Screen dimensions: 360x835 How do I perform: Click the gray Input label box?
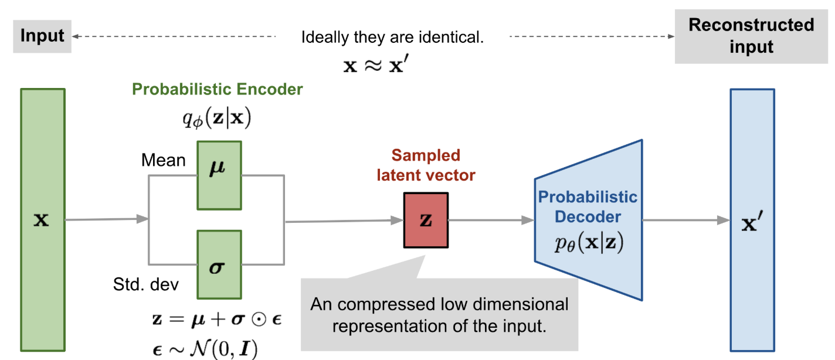[x=42, y=36]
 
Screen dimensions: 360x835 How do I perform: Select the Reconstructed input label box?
[x=751, y=36]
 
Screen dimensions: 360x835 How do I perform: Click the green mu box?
[x=219, y=175]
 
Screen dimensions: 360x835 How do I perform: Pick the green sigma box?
[x=219, y=264]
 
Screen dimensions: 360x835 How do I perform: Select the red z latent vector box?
[x=426, y=220]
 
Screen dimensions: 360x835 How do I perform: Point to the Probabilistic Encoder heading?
[x=218, y=89]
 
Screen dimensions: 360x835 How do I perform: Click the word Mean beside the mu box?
[x=164, y=159]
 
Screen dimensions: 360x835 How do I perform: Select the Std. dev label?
[x=145, y=285]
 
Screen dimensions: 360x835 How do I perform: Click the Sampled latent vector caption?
[x=426, y=165]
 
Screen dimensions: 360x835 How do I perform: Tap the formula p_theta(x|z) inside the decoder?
[x=588, y=243]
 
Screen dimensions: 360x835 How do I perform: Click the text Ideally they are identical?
[x=392, y=38]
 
